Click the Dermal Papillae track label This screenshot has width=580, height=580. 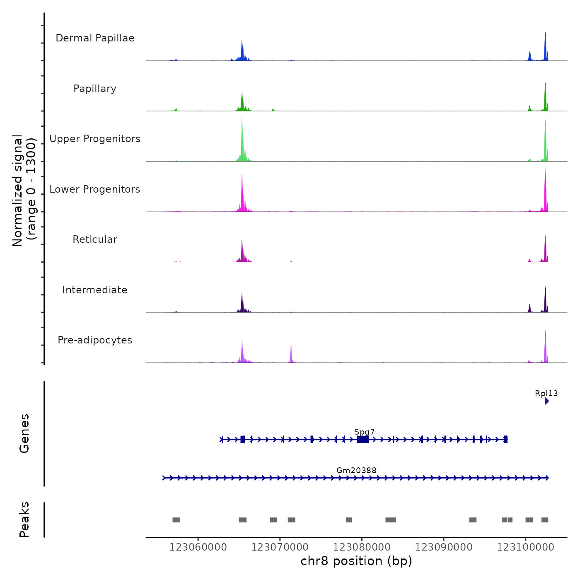(x=95, y=38)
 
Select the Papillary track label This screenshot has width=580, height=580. (x=95, y=89)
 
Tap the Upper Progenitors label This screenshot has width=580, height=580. (x=95, y=139)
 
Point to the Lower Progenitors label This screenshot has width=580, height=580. (x=95, y=189)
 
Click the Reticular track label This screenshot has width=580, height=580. (x=95, y=239)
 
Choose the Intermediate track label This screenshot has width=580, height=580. (x=95, y=290)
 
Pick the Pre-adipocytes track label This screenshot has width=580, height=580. (x=95, y=340)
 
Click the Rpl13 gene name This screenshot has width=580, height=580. (x=546, y=394)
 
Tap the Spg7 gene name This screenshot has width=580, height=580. (x=365, y=432)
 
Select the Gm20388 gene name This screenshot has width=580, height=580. (x=356, y=470)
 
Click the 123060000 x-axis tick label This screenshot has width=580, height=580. (x=198, y=547)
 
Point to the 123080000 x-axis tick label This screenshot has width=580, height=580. (x=362, y=547)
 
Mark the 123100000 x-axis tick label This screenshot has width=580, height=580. (x=525, y=547)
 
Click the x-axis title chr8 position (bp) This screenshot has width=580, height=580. (x=356, y=561)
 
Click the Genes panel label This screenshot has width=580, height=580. (x=24, y=433)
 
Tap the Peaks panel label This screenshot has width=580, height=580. (x=24, y=520)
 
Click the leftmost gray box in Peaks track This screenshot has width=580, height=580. (x=176, y=520)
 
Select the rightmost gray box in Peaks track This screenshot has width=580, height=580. (x=545, y=520)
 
